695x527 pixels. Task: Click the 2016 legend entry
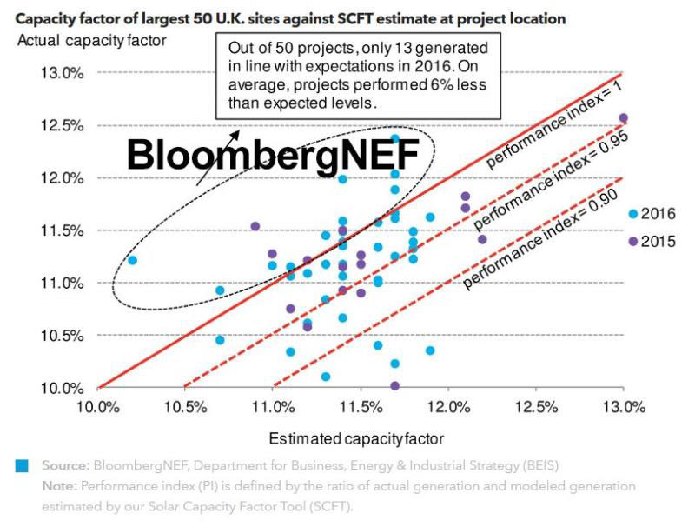click(651, 214)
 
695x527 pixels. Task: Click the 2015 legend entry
click(651, 241)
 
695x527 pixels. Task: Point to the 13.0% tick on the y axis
click(61, 73)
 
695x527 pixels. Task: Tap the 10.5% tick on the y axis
click(61, 336)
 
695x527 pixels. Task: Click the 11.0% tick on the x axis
click(273, 407)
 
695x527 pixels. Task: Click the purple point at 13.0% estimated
click(623, 117)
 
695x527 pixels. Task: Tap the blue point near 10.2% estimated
click(132, 260)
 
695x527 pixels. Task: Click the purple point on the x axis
click(395, 386)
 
